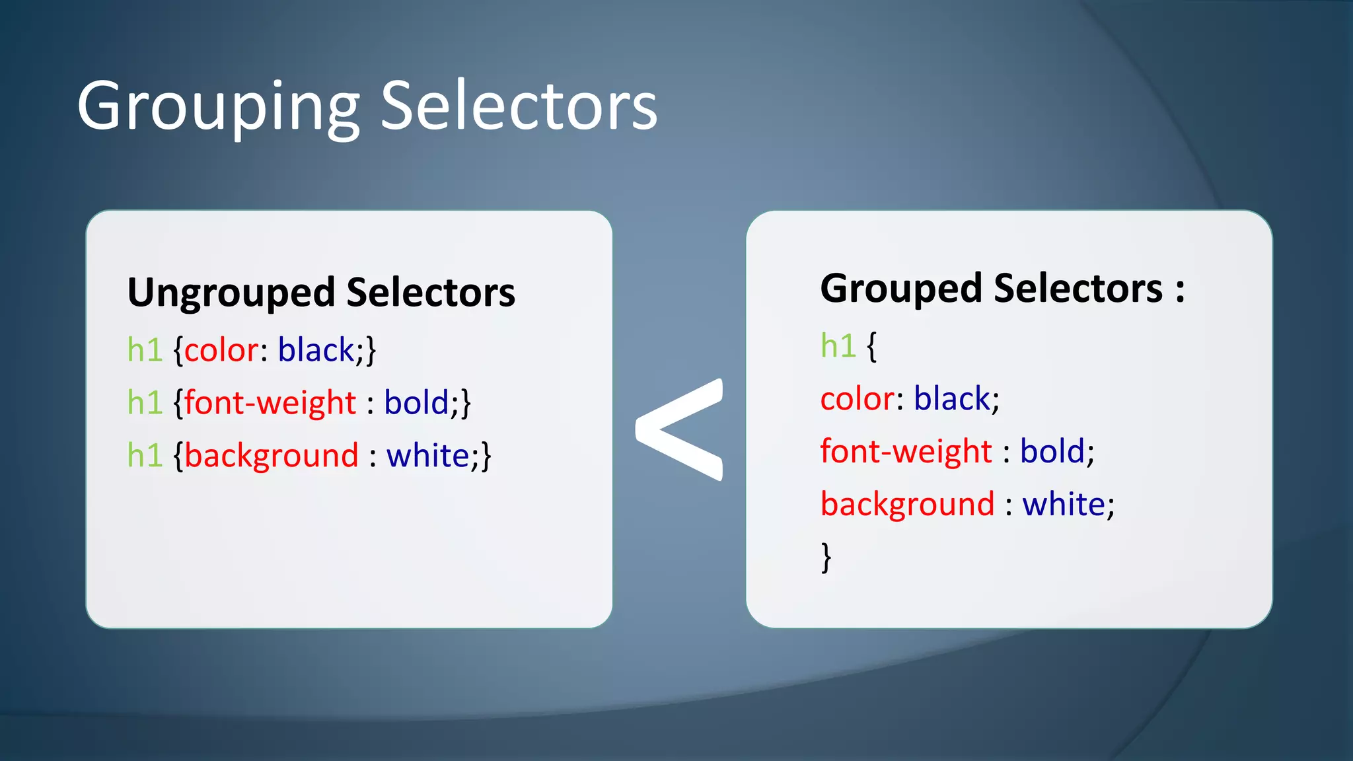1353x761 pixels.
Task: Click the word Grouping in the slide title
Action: pyautogui.click(x=218, y=106)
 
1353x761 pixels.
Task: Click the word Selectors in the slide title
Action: pyautogui.click(x=519, y=106)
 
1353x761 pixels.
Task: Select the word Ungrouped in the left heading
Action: pyautogui.click(x=231, y=293)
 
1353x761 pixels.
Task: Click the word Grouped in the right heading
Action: pyautogui.click(x=901, y=289)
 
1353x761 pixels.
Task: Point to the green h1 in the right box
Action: pyautogui.click(x=838, y=345)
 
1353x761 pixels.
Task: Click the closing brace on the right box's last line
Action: pyautogui.click(x=826, y=557)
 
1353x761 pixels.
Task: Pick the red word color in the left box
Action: pyautogui.click(x=221, y=350)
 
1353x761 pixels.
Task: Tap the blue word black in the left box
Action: pyautogui.click(x=316, y=350)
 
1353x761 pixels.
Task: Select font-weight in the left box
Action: pyautogui.click(x=270, y=403)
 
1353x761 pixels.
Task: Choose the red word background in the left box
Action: pyautogui.click(x=272, y=456)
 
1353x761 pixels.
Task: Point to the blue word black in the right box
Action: pyautogui.click(x=952, y=399)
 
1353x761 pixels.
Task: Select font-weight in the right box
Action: pyautogui.click(x=906, y=452)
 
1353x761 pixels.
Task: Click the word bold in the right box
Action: pyautogui.click(x=1052, y=452)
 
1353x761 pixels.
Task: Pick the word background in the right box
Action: pyautogui.click(x=907, y=505)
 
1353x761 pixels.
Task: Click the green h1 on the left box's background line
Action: pyautogui.click(x=145, y=456)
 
